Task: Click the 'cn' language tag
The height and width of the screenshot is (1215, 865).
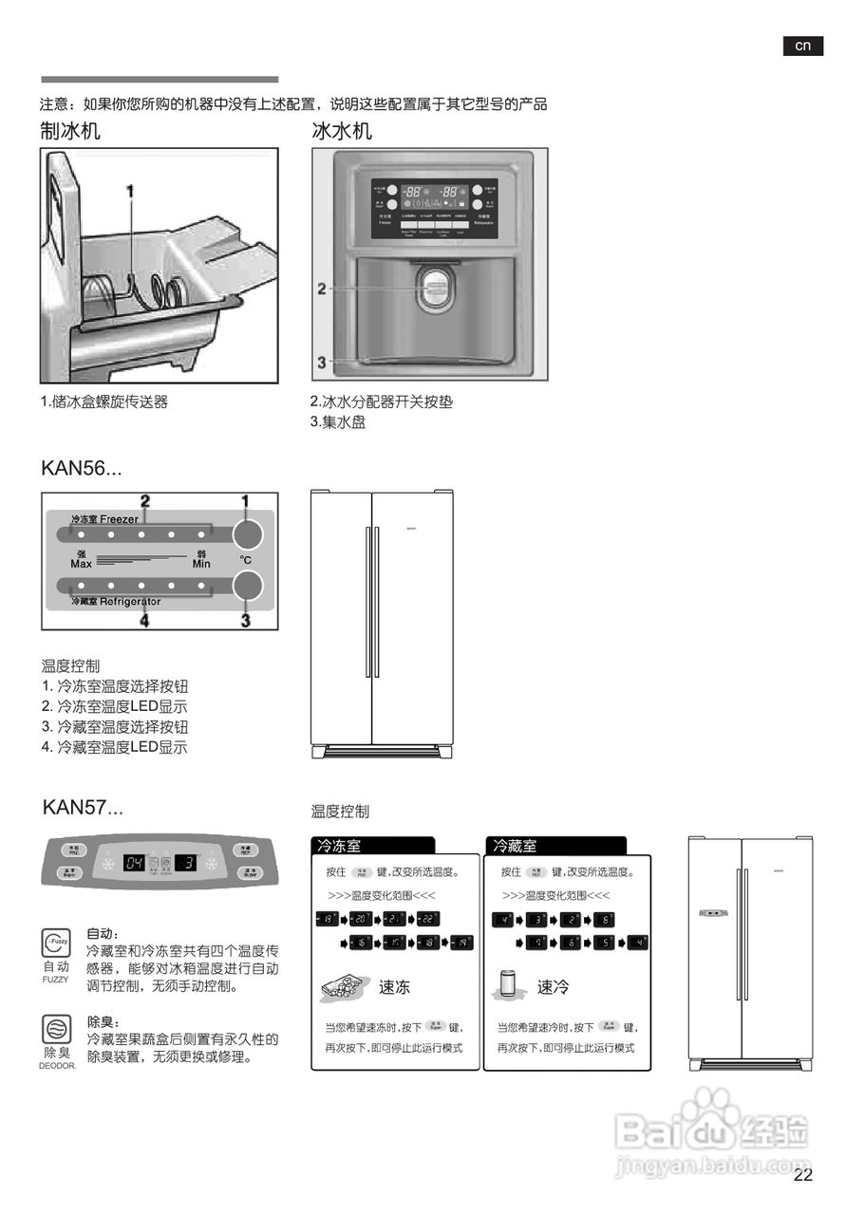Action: pos(802,46)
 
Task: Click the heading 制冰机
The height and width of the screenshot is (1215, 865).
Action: pos(70,131)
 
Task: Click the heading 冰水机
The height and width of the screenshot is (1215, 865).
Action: pos(342,131)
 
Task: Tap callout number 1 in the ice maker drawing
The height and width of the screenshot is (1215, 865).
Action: pos(130,192)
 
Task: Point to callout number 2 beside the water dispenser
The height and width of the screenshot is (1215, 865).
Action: pos(322,289)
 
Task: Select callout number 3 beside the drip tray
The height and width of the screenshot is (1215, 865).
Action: pos(322,362)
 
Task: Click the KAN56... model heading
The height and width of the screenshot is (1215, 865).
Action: pos(81,468)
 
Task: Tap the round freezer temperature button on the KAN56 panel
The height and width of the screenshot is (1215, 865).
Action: pos(247,534)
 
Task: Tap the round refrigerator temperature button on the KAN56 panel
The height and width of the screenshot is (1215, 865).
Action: pos(247,585)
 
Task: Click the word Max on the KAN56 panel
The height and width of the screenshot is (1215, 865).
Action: pos(81,564)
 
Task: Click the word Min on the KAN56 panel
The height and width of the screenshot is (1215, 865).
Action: pos(200,564)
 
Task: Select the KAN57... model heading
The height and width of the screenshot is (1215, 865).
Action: pos(83,808)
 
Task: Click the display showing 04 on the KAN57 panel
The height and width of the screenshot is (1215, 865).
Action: pos(134,864)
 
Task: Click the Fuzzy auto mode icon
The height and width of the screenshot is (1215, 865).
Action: pos(55,943)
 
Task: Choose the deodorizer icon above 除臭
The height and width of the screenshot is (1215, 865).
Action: pos(55,1029)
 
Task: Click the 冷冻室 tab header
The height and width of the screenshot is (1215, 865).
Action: pos(339,846)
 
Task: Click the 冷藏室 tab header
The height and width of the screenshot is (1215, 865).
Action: pos(514,846)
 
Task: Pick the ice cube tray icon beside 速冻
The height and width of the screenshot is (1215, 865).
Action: pos(344,986)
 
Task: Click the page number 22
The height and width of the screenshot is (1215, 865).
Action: pos(803,1175)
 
